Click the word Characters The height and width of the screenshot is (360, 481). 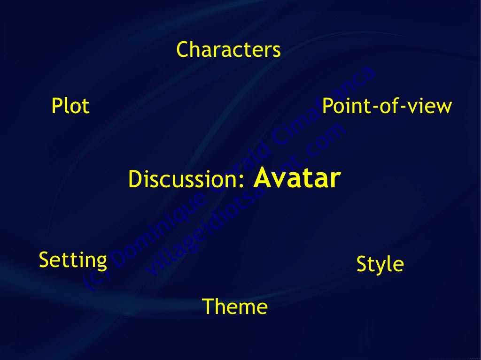pyautogui.click(x=228, y=50)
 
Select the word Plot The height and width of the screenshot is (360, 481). pyautogui.click(x=70, y=106)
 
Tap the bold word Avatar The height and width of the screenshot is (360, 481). pyautogui.click(x=297, y=178)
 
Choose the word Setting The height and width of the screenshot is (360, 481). pyautogui.click(x=73, y=260)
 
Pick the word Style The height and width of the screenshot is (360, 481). pyautogui.click(x=380, y=264)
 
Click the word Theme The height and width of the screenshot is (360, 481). pyautogui.click(x=235, y=307)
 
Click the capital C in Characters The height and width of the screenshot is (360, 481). pyautogui.click(x=183, y=50)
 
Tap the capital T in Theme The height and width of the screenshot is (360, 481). pyautogui.click(x=207, y=307)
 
